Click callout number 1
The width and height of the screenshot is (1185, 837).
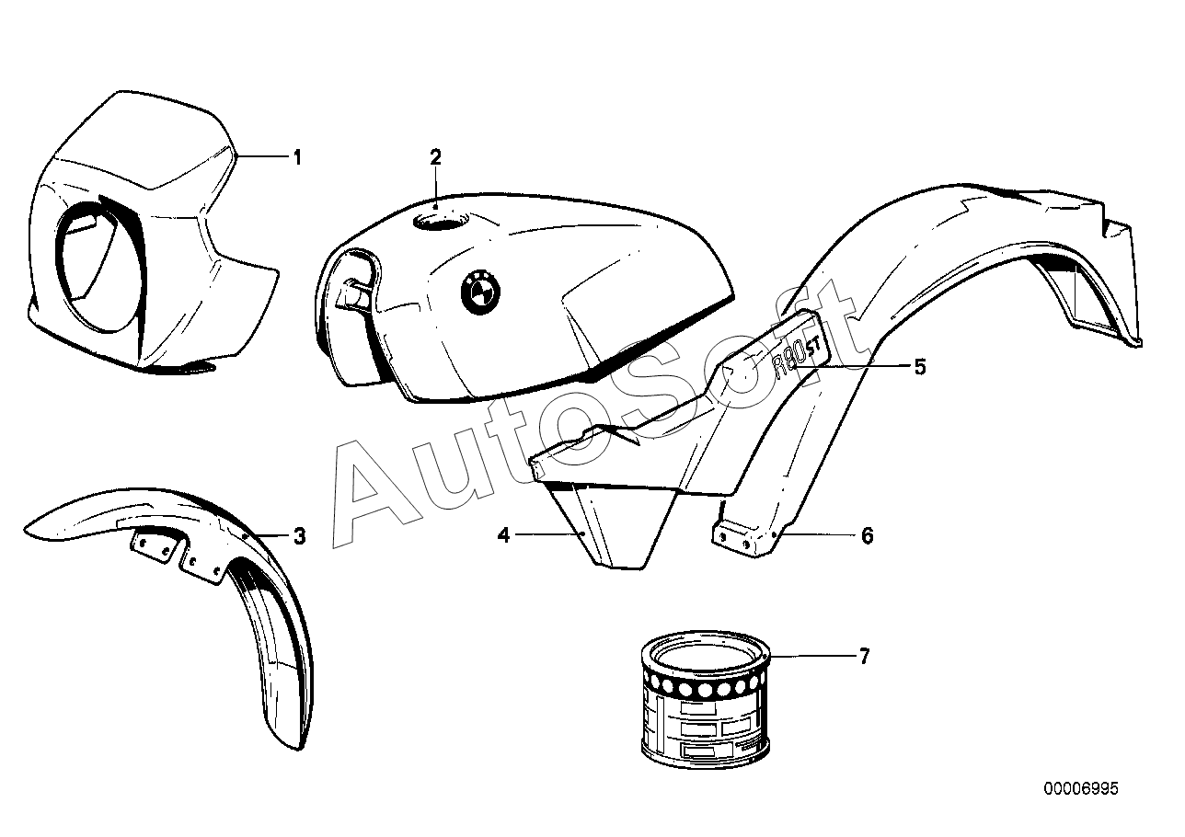[296, 157]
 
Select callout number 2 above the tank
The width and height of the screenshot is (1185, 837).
[436, 156]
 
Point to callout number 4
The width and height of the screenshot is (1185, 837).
[503, 534]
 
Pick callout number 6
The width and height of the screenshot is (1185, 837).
[867, 534]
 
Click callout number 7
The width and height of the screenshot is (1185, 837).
[863, 656]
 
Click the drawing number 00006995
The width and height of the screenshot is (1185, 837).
[1081, 788]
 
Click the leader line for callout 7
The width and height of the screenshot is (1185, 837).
[814, 656]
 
